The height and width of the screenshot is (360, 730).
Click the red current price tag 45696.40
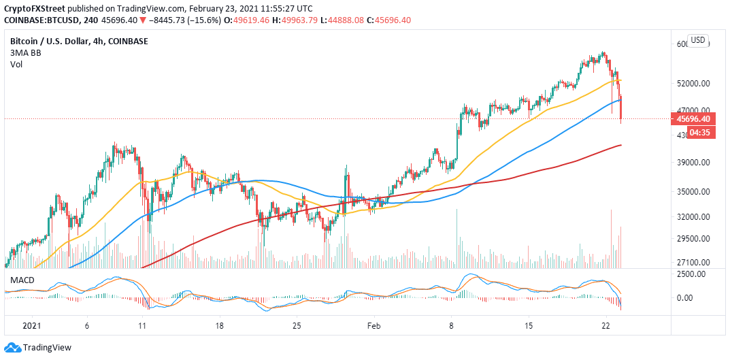point(693,119)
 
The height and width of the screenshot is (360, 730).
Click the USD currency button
point(698,40)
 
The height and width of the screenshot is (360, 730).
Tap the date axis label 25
point(296,326)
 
